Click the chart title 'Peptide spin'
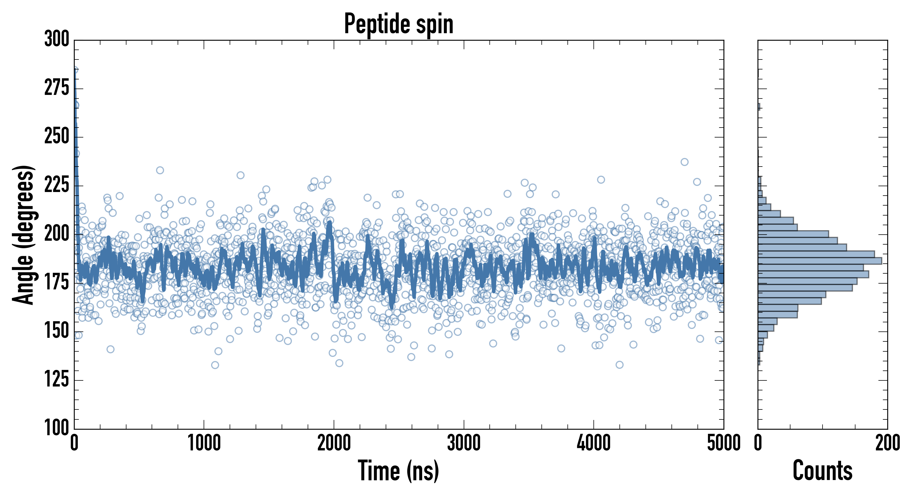[x=399, y=24]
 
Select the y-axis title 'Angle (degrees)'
[x=24, y=234]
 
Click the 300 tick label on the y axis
[x=57, y=39]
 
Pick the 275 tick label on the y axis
[x=57, y=88]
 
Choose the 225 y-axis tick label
[x=57, y=185]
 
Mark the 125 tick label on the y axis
[x=57, y=380]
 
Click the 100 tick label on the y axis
[x=57, y=428]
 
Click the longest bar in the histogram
[x=819, y=261]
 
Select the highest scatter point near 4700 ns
[x=684, y=162]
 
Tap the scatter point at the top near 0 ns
[x=75, y=70]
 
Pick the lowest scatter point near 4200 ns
[x=619, y=365]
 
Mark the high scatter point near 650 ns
[x=160, y=170]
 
